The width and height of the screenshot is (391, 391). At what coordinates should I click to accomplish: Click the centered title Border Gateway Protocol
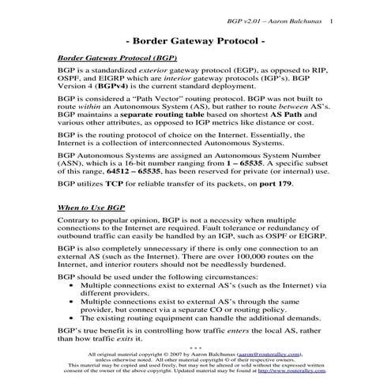[195, 39]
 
